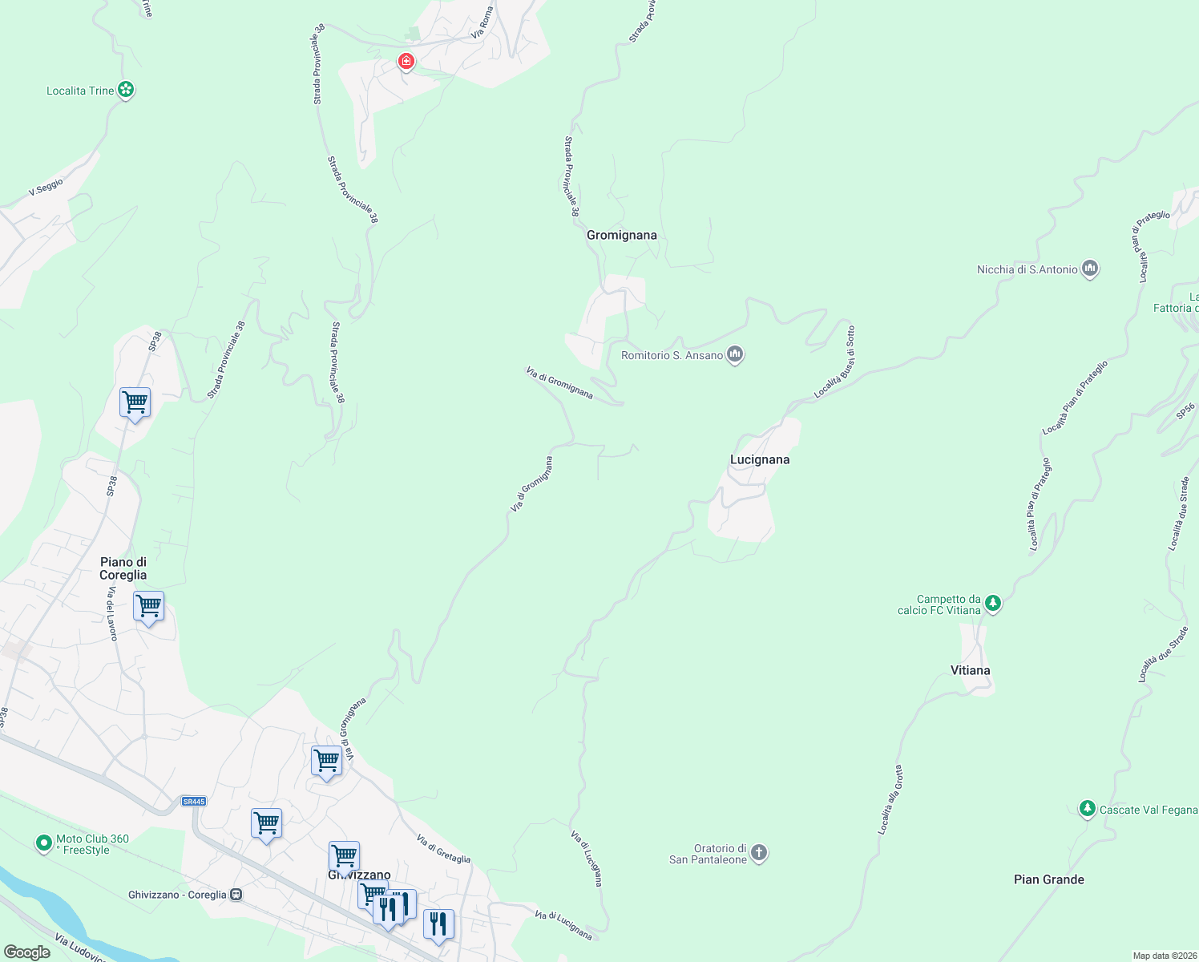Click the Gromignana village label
tap(621, 235)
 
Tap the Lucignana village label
tap(759, 459)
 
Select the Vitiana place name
tap(970, 670)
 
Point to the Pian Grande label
tap(1048, 879)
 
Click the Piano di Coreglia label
tap(123, 568)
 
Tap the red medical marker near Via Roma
tap(406, 61)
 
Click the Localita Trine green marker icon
tap(126, 90)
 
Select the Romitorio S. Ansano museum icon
tap(735, 354)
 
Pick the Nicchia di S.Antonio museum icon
tap(1089, 269)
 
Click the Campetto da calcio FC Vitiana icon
tap(993, 603)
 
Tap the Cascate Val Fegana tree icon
tap(1087, 808)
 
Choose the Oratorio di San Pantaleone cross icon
tap(759, 853)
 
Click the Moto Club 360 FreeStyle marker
tap(44, 843)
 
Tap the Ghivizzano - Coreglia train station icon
tap(236, 895)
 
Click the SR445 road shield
tap(194, 801)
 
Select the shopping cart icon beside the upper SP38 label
tap(135, 402)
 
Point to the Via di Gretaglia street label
tap(443, 849)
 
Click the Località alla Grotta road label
tap(890, 800)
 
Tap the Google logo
tap(26, 952)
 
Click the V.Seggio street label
tap(46, 188)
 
